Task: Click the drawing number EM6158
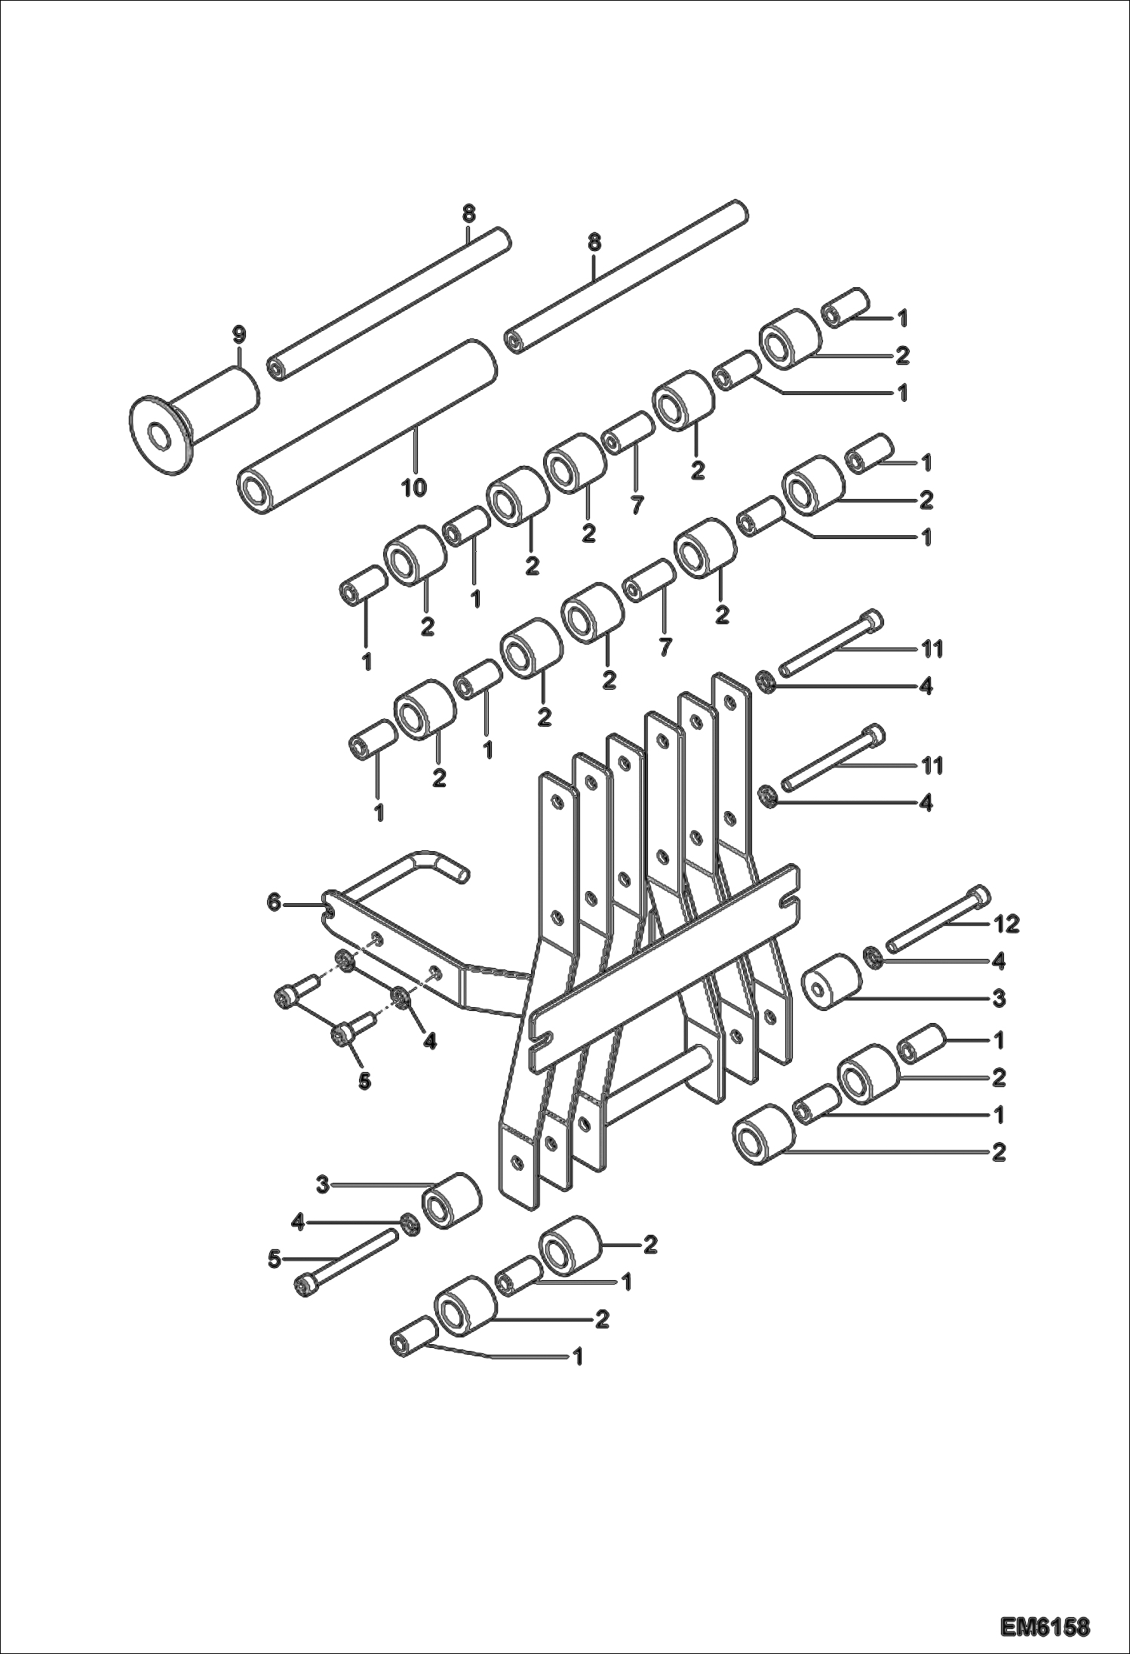(x=1045, y=1622)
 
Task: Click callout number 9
(x=238, y=335)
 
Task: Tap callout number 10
(x=413, y=488)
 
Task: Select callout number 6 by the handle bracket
(x=274, y=902)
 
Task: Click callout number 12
(x=1008, y=923)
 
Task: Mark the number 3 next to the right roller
(x=998, y=999)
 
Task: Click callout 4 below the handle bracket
(x=429, y=1041)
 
